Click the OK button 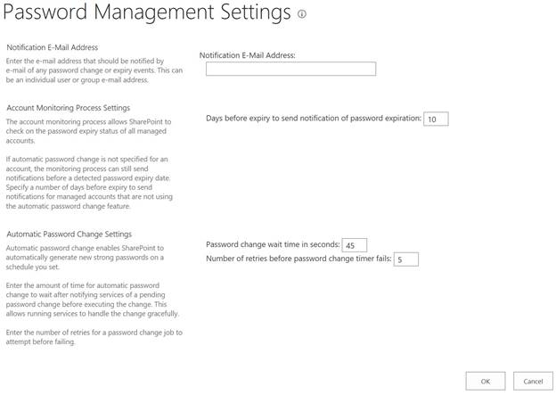pyautogui.click(x=485, y=381)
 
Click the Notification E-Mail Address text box pyautogui.click(x=290, y=69)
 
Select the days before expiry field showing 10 pyautogui.click(x=436, y=119)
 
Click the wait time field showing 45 pyautogui.click(x=355, y=244)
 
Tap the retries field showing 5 pyautogui.click(x=405, y=259)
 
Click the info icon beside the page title pyautogui.click(x=302, y=15)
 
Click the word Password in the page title pyautogui.click(x=48, y=13)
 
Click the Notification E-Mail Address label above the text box pyautogui.click(x=247, y=54)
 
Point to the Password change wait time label pyautogui.click(x=273, y=244)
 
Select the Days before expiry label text pyautogui.click(x=313, y=119)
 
